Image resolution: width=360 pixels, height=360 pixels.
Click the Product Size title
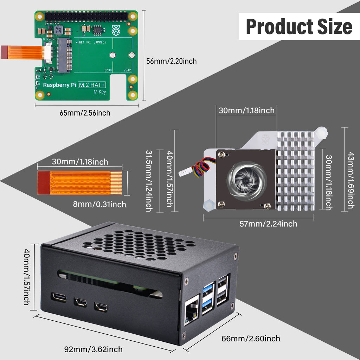pos(299,27)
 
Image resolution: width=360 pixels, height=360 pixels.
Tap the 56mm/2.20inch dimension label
pos(171,61)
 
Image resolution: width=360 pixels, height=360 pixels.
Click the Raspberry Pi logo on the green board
pos(116,31)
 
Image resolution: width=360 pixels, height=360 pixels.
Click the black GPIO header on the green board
pos(86,16)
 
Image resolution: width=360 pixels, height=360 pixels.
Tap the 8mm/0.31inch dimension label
pos(99,204)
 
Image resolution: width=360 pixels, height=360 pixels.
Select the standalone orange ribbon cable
pos(80,183)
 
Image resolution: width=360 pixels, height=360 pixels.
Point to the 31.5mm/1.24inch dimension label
pos(149,181)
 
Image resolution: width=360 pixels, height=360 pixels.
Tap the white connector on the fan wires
pos(184,172)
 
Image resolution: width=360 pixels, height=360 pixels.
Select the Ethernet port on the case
pos(192,309)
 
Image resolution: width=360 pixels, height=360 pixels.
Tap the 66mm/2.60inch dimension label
pos(251,338)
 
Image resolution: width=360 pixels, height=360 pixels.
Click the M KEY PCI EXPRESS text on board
pos(92,42)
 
